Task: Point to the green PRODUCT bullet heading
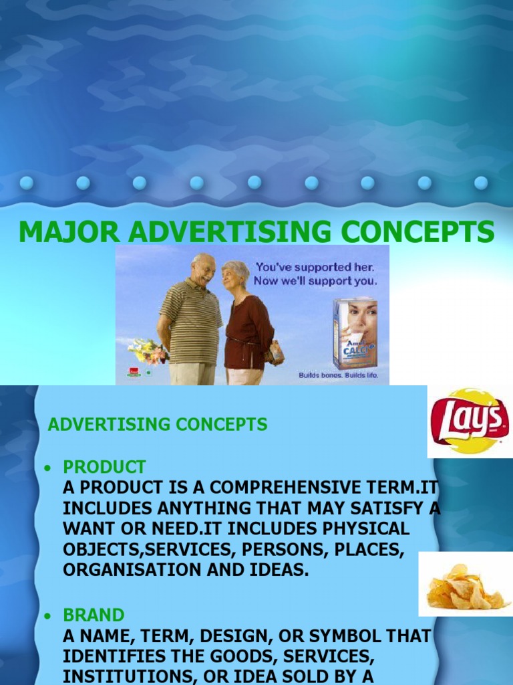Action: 104,467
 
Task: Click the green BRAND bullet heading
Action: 94,615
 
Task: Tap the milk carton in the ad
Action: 355,332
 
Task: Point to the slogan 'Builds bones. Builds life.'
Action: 338,375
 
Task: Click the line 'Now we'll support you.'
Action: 315,281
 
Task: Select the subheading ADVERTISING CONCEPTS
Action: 158,424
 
